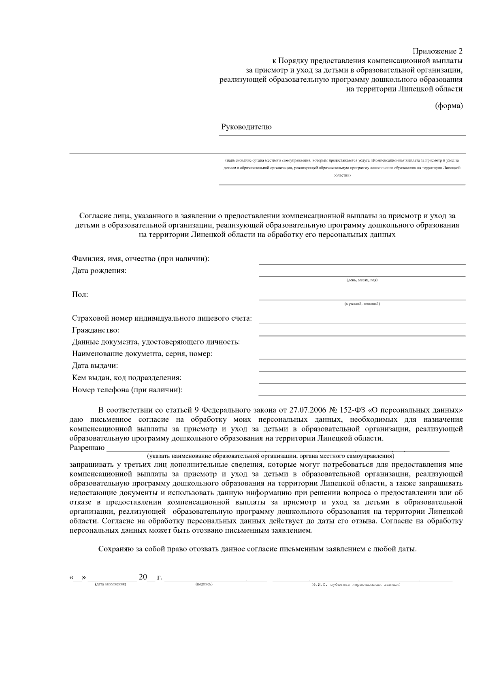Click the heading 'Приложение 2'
pyautogui.click(x=437, y=51)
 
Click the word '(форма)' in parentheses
pyautogui.click(x=448, y=106)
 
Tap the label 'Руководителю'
pyautogui.click(x=246, y=127)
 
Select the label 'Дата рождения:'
pyautogui.click(x=99, y=271)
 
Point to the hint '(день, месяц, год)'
pyautogui.click(x=362, y=280)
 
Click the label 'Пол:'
pyautogui.click(x=80, y=295)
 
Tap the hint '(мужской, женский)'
pyautogui.click(x=362, y=304)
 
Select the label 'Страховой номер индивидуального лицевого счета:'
pyautogui.click(x=162, y=319)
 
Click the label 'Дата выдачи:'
pyautogui.click(x=95, y=366)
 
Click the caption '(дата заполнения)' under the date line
pyautogui.click(x=111, y=585)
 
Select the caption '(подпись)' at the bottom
pyautogui.click(x=204, y=585)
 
